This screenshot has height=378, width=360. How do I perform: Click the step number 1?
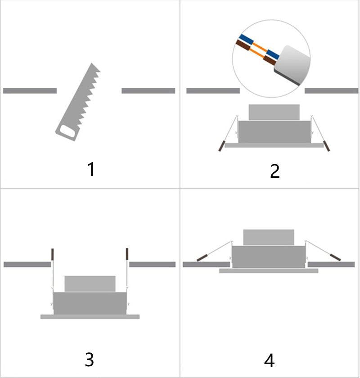tap(91, 169)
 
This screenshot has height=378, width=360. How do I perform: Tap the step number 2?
tap(275, 171)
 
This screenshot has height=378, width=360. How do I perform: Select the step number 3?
tap(90, 360)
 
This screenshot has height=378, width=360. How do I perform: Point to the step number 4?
tap(270, 360)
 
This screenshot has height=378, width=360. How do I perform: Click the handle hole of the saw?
tap(67, 131)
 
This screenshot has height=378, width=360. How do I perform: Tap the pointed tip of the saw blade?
tap(91, 63)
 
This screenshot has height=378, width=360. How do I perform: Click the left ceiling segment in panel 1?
tap(30, 90)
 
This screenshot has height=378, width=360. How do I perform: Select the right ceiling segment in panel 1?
tap(148, 90)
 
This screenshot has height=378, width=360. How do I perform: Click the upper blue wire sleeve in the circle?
tap(246, 39)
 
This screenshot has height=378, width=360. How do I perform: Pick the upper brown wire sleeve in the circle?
tap(243, 45)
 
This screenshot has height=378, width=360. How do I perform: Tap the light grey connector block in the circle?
tap(292, 64)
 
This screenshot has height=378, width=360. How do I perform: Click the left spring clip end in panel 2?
tap(221, 146)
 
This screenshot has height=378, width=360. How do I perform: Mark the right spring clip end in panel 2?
tap(327, 146)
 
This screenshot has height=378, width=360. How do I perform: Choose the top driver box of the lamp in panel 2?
tap(274, 112)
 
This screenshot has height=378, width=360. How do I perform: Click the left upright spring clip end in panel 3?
tap(52, 254)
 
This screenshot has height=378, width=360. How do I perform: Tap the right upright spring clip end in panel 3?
tap(127, 254)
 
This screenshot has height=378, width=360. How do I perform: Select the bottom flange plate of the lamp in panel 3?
tap(90, 317)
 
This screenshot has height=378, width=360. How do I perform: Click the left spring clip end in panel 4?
tap(202, 258)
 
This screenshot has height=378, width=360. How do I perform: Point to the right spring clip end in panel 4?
tap(335, 257)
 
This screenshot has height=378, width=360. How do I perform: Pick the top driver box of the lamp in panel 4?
tap(269, 238)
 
